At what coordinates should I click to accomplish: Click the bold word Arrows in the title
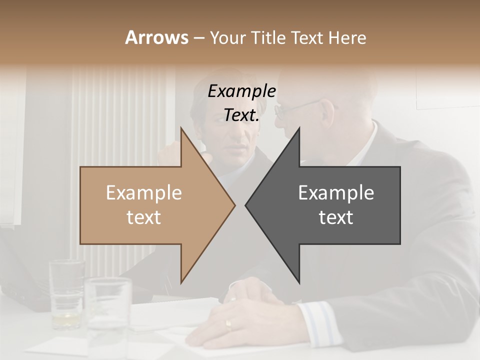click(157, 37)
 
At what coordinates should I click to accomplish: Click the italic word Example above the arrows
click(241, 91)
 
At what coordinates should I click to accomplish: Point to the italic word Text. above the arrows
click(241, 115)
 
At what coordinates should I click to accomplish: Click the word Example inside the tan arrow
click(144, 193)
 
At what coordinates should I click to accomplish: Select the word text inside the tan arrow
click(144, 217)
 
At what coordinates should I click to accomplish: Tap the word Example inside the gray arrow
click(336, 193)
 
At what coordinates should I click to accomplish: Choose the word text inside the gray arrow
click(336, 217)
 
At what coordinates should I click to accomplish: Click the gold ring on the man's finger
click(228, 324)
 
